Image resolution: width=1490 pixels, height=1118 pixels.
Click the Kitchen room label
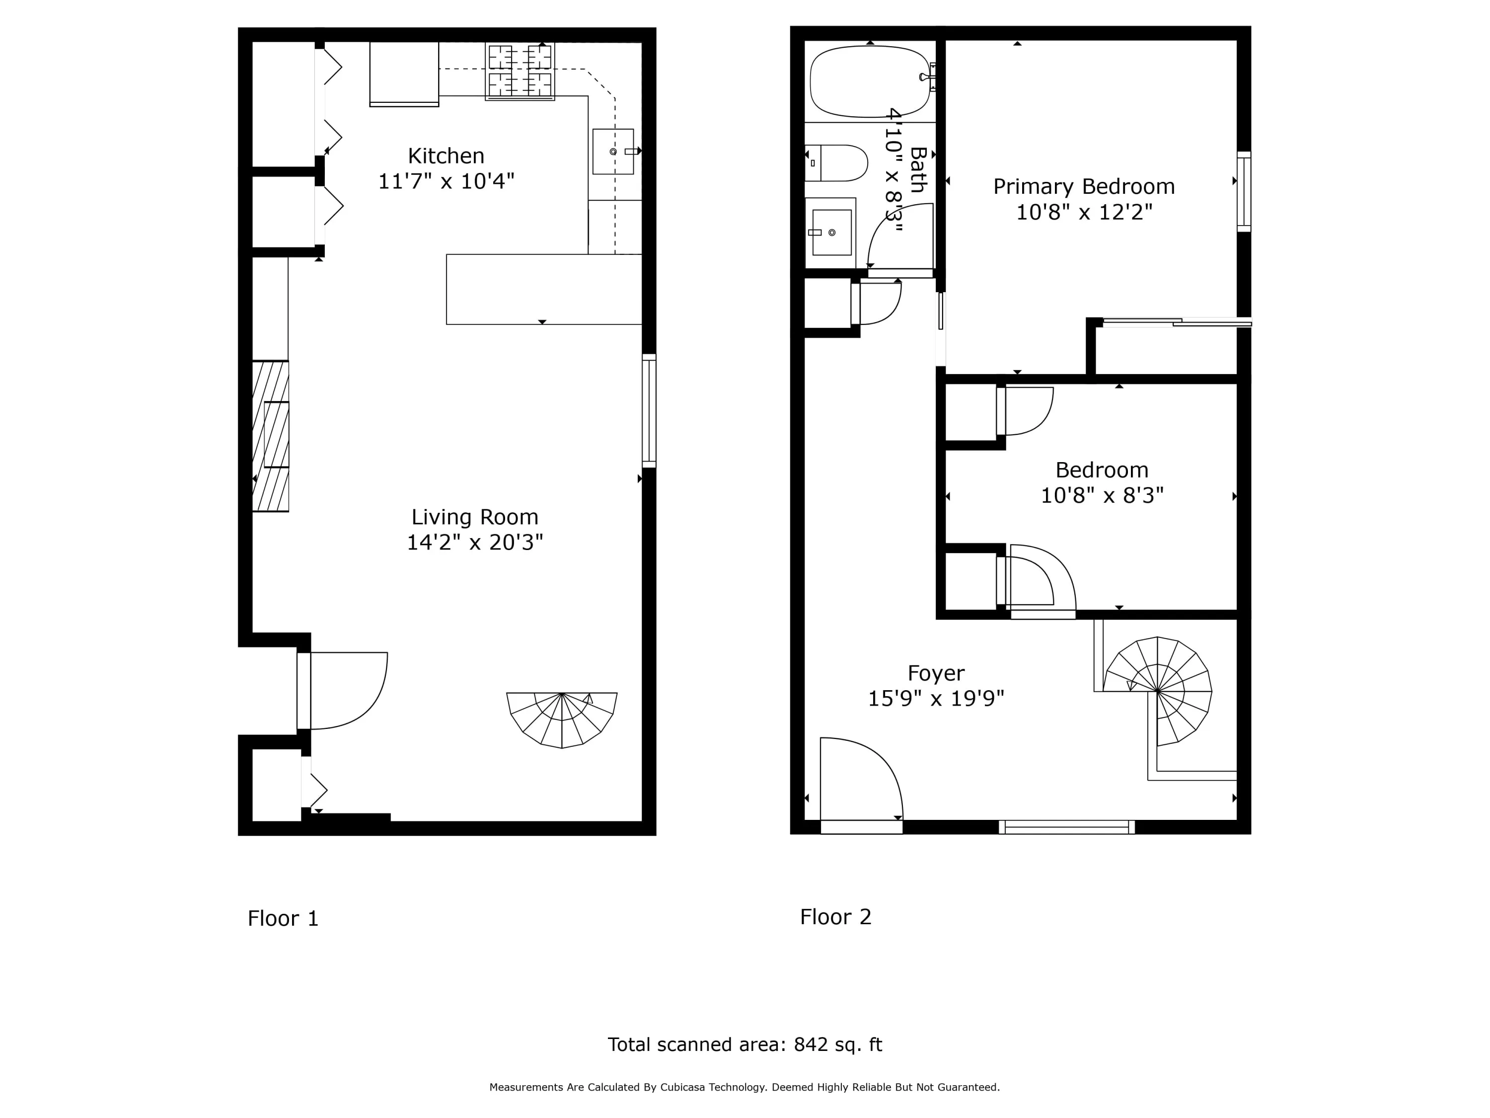pyautogui.click(x=446, y=156)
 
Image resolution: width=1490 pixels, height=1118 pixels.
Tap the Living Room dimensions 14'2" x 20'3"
pyautogui.click(x=475, y=543)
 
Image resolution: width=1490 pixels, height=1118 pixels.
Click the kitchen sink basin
pyautogui.click(x=613, y=152)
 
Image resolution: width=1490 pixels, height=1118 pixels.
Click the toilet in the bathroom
pyautogui.click(x=836, y=163)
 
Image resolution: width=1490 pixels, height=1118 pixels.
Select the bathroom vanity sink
pyautogui.click(x=832, y=233)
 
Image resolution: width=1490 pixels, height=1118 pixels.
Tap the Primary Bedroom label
pyautogui.click(x=1084, y=187)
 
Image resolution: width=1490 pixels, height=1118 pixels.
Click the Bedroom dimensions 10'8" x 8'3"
pyautogui.click(x=1102, y=496)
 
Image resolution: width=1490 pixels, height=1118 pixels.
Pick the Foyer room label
pyautogui.click(x=936, y=673)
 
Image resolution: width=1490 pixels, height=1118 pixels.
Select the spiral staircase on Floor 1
pyautogui.click(x=562, y=719)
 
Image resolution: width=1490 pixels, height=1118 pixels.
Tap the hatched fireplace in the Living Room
pyautogui.click(x=271, y=436)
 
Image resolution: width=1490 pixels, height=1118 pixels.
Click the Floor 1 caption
pyautogui.click(x=283, y=919)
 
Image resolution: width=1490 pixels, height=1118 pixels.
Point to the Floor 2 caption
pyautogui.click(x=835, y=916)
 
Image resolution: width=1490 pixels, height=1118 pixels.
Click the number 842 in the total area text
pyautogui.click(x=811, y=1044)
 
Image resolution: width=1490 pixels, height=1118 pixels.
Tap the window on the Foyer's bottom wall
pyautogui.click(x=1067, y=827)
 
